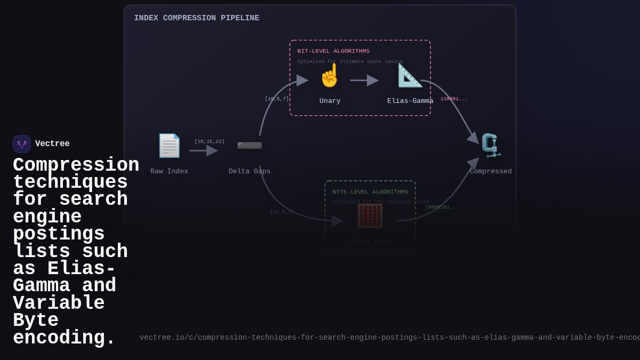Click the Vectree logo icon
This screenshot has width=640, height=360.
click(x=22, y=144)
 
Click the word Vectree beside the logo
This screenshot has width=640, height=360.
click(x=52, y=144)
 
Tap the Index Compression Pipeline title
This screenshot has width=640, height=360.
click(x=197, y=18)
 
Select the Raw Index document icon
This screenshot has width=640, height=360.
click(x=169, y=146)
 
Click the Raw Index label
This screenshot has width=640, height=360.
click(x=169, y=171)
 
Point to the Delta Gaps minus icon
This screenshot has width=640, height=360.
click(x=250, y=145)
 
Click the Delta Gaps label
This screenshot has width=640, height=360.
click(x=250, y=171)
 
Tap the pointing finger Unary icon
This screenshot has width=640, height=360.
click(x=330, y=76)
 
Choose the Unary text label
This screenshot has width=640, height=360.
click(x=330, y=101)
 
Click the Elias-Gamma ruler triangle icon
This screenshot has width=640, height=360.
click(x=410, y=76)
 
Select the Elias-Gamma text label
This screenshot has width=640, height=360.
click(x=410, y=101)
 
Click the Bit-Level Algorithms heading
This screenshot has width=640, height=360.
click(x=333, y=51)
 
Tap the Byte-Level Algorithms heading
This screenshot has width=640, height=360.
click(x=370, y=192)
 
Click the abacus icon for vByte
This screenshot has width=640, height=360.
click(x=370, y=216)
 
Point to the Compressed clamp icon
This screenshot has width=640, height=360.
click(x=491, y=146)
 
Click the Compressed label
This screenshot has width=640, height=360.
click(x=491, y=171)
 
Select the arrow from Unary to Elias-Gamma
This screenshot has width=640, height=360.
click(x=364, y=81)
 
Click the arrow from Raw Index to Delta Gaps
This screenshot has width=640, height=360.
click(x=203, y=150)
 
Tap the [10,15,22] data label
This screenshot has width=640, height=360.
click(x=209, y=142)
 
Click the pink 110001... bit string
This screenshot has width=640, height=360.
click(x=454, y=99)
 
